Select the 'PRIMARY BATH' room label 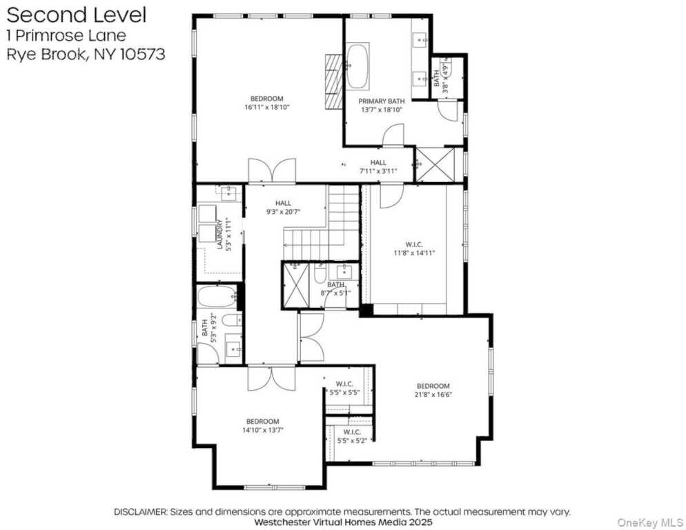tap(380, 101)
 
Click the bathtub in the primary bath tap(357, 66)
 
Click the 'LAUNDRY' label tap(219, 234)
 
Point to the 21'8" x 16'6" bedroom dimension tap(433, 395)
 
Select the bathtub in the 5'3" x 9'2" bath tap(217, 297)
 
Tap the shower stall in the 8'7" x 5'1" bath tap(295, 285)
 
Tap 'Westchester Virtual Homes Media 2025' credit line tap(342, 522)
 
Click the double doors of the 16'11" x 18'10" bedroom tap(272, 171)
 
